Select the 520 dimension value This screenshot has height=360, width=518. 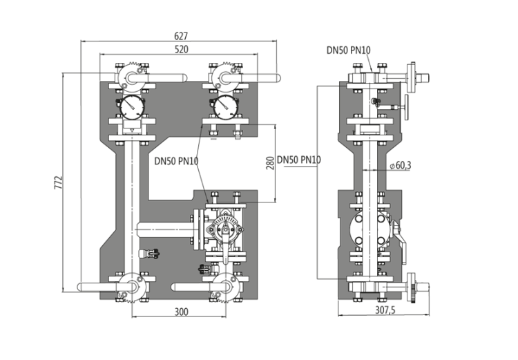tap(182, 50)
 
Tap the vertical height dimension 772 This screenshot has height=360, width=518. tap(58, 182)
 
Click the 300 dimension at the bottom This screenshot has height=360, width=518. tap(180, 312)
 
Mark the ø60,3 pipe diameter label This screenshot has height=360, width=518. tap(401, 164)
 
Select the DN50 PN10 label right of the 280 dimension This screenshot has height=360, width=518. tap(299, 161)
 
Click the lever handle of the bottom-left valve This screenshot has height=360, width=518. tap(97, 286)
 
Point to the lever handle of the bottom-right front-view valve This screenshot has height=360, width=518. tap(190, 286)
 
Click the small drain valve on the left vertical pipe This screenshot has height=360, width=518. tap(148, 254)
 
